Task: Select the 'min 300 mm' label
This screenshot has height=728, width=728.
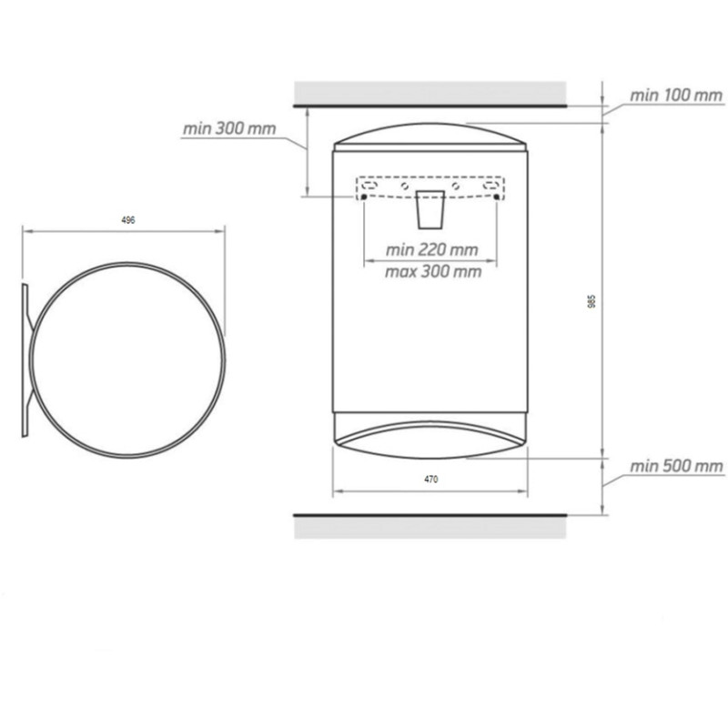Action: coord(228,129)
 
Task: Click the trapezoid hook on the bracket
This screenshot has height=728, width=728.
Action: coord(430,209)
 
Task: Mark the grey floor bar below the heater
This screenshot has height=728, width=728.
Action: coord(430,529)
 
